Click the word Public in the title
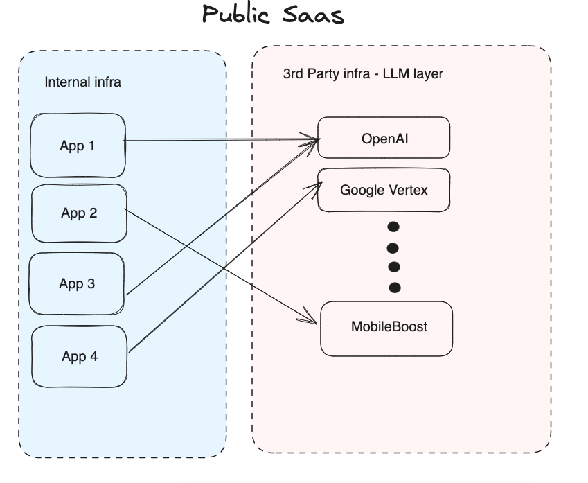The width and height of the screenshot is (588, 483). (x=236, y=15)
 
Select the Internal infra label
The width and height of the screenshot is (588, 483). (x=82, y=82)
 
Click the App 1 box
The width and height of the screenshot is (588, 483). (x=78, y=146)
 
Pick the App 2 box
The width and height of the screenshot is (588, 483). (x=79, y=213)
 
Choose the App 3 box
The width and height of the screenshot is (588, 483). (x=77, y=283)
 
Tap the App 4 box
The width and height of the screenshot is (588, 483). (x=80, y=356)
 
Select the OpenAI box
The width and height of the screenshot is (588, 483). (x=384, y=138)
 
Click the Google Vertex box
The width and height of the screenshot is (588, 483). (x=384, y=189)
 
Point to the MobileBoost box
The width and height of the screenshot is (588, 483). (x=386, y=326)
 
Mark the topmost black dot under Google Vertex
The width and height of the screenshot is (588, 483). (x=393, y=227)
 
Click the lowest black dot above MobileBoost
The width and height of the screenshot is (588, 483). (x=395, y=287)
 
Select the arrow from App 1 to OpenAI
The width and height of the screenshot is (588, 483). (x=222, y=141)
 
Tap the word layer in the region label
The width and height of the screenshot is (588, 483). (x=428, y=73)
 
